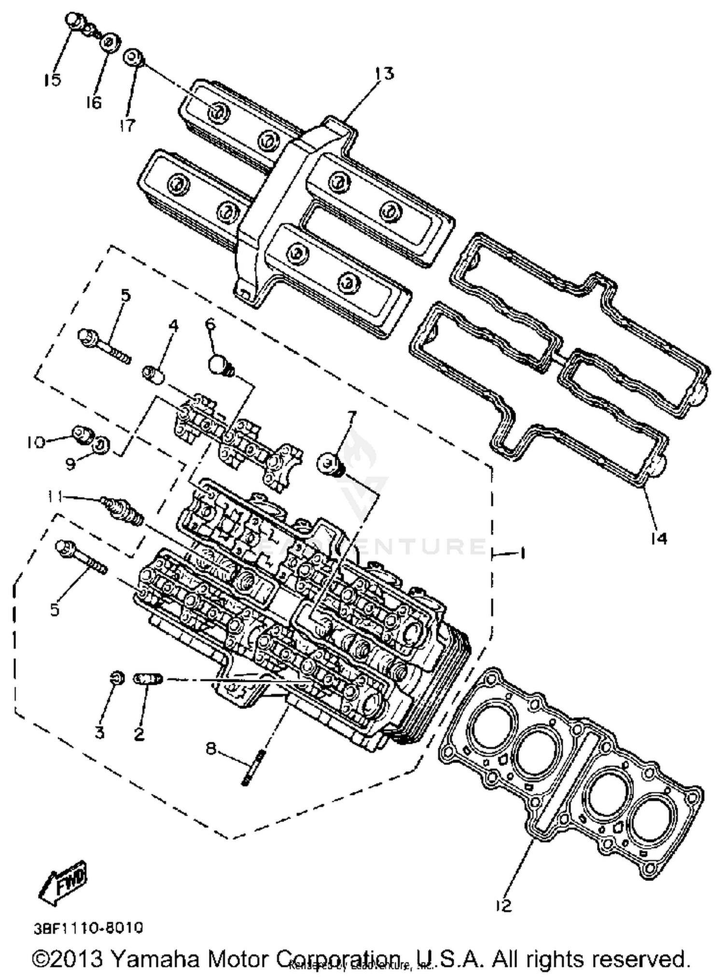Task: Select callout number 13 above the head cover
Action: click(384, 73)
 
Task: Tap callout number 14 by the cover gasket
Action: click(658, 537)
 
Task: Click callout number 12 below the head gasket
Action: click(503, 906)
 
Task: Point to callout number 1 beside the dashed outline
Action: click(521, 552)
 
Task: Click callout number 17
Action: click(127, 125)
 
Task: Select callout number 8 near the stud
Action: click(211, 749)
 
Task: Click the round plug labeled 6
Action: click(219, 364)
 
